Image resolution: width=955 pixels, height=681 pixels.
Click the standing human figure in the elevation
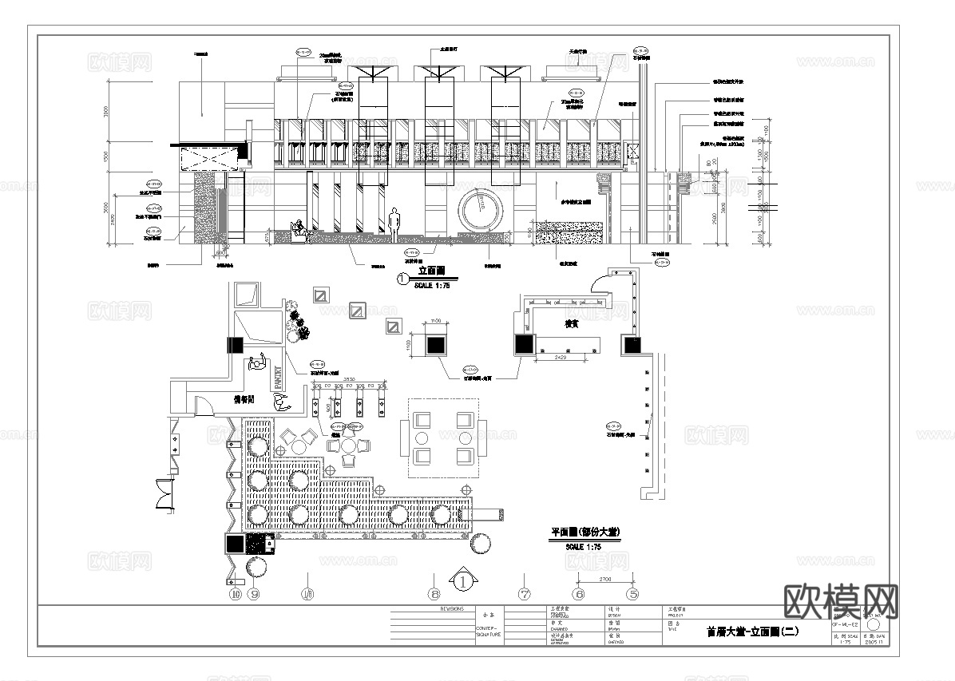[394, 224]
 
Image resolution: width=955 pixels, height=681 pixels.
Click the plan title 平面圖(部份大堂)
[586, 533]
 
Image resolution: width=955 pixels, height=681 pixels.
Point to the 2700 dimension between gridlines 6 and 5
[605, 576]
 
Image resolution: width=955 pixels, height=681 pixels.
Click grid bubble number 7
[525, 594]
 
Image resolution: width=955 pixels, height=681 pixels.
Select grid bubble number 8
[434, 594]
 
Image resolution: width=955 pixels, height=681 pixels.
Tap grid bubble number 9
[255, 594]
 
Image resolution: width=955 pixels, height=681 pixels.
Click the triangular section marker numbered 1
[463, 581]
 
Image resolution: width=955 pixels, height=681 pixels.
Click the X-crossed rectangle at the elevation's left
[209, 160]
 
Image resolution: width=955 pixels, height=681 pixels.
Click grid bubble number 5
[633, 594]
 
